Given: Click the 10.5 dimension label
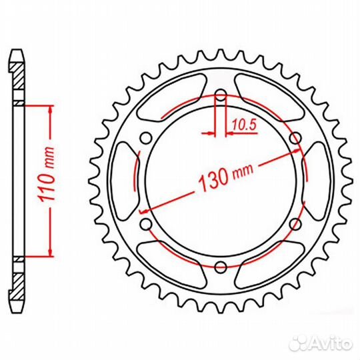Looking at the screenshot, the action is pyautogui.click(x=244, y=125).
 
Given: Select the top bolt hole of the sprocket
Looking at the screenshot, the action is pyautogui.click(x=221, y=95).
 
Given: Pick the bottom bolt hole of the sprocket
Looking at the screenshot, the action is pyautogui.click(x=221, y=266).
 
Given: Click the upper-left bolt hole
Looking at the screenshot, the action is pyautogui.click(x=146, y=138).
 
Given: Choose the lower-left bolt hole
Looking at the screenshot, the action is pyautogui.click(x=146, y=224).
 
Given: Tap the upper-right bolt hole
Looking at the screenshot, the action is pyautogui.click(x=295, y=138).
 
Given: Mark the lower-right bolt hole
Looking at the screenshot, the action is pyautogui.click(x=295, y=224).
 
